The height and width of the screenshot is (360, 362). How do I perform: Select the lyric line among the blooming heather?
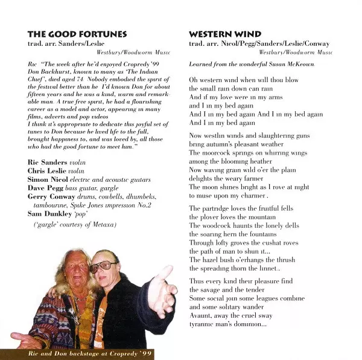click(x=230, y=162)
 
